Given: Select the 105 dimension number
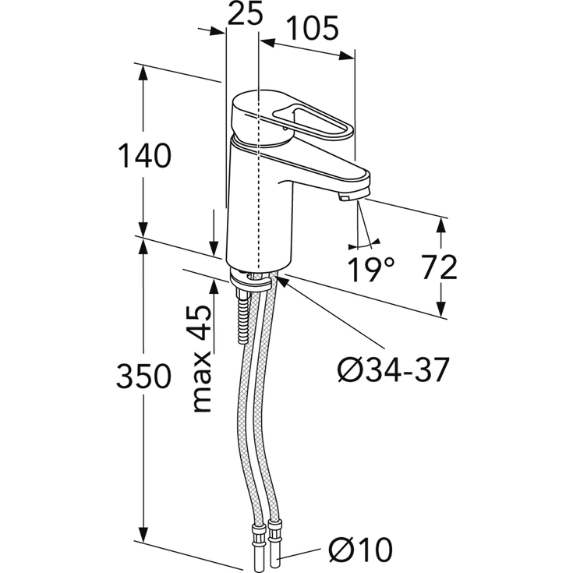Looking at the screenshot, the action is point(313,29).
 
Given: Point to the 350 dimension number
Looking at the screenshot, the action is point(143,376).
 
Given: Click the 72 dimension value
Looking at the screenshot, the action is point(439,267).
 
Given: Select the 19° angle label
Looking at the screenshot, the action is point(370,269).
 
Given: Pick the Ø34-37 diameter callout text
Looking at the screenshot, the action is point(392,370).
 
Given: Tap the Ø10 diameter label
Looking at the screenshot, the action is point(360,550).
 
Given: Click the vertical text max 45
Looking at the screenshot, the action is point(202,359).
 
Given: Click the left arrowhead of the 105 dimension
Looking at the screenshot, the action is point(269,43).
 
